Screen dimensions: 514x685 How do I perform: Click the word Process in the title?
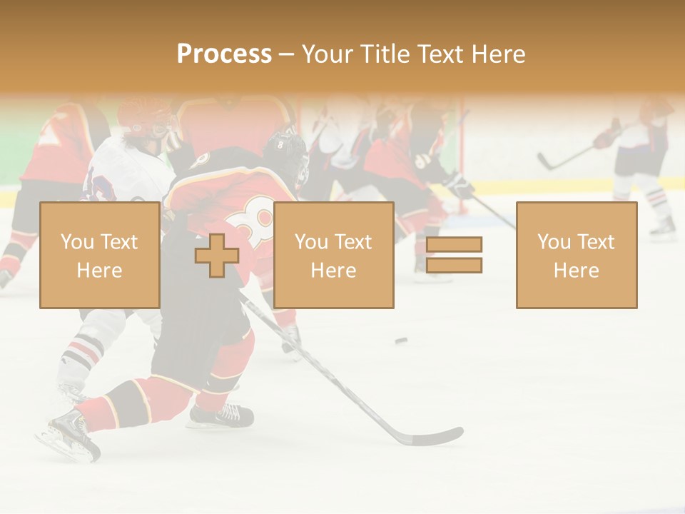224,54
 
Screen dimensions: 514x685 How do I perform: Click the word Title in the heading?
385,54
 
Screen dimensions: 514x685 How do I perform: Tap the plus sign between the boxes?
217,256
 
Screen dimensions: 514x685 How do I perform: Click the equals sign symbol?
454,255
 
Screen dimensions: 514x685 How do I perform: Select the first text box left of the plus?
99,255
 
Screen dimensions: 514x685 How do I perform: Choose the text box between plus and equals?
333,255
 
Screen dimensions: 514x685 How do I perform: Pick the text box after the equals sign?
576,255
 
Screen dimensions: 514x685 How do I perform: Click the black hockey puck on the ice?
402,341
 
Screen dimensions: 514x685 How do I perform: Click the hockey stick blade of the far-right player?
545,163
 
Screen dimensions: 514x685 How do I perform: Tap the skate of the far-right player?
663,227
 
